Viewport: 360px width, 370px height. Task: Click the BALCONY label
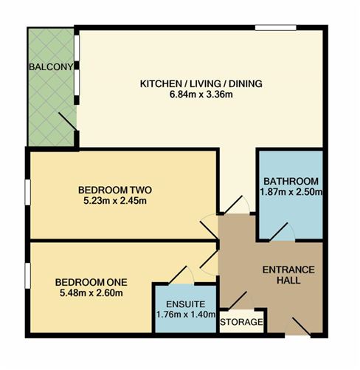[x=51, y=68]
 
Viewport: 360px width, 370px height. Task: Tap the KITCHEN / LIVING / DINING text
[x=201, y=83]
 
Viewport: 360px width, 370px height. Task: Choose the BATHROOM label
[x=290, y=182]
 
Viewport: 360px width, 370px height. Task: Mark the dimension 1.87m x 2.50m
[x=290, y=193]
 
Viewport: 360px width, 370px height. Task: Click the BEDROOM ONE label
[x=91, y=282]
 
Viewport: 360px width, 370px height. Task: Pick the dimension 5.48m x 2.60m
[x=91, y=293]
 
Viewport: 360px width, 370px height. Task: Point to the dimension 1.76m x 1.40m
[x=181, y=315]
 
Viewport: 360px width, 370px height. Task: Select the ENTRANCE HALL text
[x=288, y=275]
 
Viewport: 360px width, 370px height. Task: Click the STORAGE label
[x=241, y=323]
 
